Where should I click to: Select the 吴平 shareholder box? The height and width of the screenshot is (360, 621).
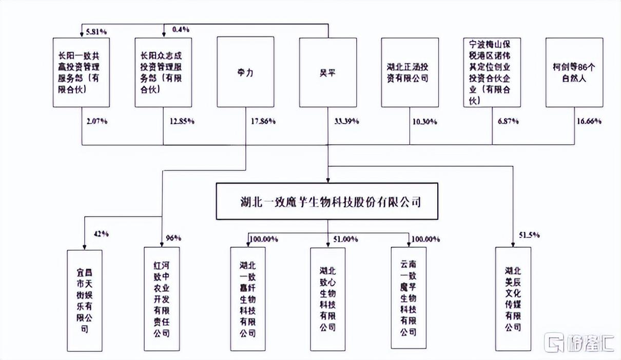328,72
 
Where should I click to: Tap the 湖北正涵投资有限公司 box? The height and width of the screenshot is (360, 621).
410,72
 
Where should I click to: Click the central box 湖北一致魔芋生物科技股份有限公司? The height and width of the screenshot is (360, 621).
327,202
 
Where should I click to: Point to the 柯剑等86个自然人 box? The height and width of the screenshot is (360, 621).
574,72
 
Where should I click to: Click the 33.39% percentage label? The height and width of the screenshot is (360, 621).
347,122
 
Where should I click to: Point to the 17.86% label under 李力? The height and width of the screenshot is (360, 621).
262,122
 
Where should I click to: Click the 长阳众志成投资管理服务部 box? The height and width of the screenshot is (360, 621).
163,72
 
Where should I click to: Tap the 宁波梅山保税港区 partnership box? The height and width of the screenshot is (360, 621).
492,72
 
